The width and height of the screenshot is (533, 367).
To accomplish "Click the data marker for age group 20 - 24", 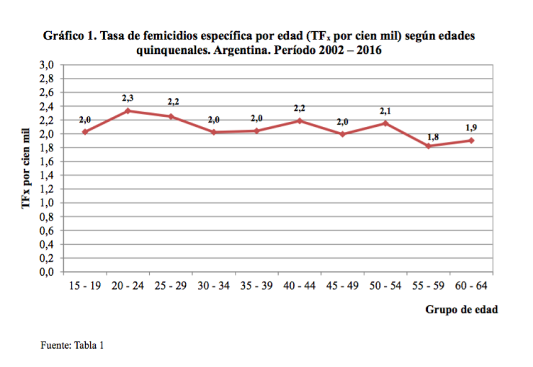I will pos(128,111).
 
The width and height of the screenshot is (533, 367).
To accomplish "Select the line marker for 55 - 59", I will pos(428,146).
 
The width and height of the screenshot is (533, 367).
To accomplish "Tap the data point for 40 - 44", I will pos(300,120).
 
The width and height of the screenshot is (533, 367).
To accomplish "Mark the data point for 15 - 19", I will pos(85,132).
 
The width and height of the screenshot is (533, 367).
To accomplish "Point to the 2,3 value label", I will pos(128,98).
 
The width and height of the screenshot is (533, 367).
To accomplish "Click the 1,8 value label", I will pos(433,136).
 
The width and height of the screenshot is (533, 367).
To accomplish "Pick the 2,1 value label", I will pos(386,111).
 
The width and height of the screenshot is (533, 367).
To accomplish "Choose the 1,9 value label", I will pos(471,128).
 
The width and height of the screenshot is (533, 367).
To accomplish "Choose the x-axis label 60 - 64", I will pos(471,286).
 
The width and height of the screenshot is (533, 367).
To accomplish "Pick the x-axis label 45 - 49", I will pos(343,286).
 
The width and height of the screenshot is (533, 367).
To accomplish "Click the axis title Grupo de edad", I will pos(461,310).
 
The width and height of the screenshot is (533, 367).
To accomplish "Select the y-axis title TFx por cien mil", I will pos(26,167).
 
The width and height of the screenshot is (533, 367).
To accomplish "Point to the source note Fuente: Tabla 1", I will pos(72,345).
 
